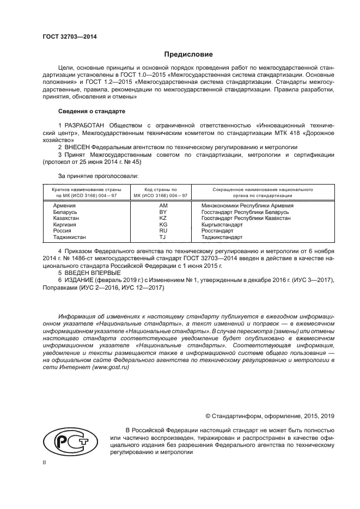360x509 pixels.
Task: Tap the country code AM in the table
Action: (162, 205)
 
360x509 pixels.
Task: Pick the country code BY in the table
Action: (162, 212)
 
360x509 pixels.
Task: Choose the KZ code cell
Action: (162, 218)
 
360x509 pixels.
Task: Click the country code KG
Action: (162, 224)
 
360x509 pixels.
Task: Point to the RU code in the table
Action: (162, 231)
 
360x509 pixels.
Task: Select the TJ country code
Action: (162, 237)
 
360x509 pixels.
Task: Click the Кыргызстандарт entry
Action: (222, 224)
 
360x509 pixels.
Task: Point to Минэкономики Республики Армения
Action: (247, 205)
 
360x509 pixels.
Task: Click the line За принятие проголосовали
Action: (98, 176)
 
